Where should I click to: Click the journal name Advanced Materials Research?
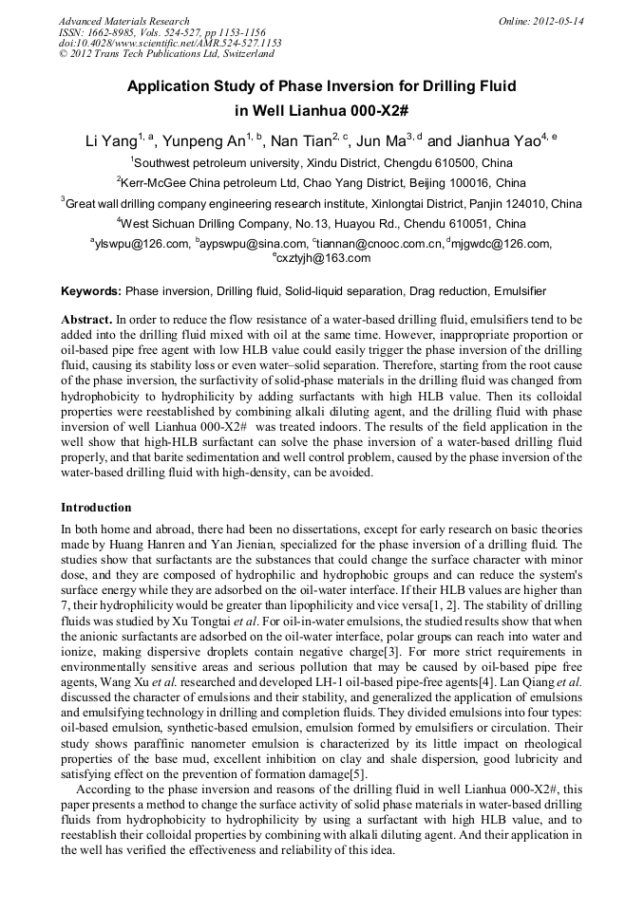tap(123, 21)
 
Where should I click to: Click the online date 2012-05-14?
tap(558, 21)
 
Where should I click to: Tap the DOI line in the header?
tap(170, 43)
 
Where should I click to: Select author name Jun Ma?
tap(380, 142)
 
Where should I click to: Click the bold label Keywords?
tap(91, 290)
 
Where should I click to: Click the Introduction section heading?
tap(96, 508)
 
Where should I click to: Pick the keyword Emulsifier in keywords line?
tap(520, 290)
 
